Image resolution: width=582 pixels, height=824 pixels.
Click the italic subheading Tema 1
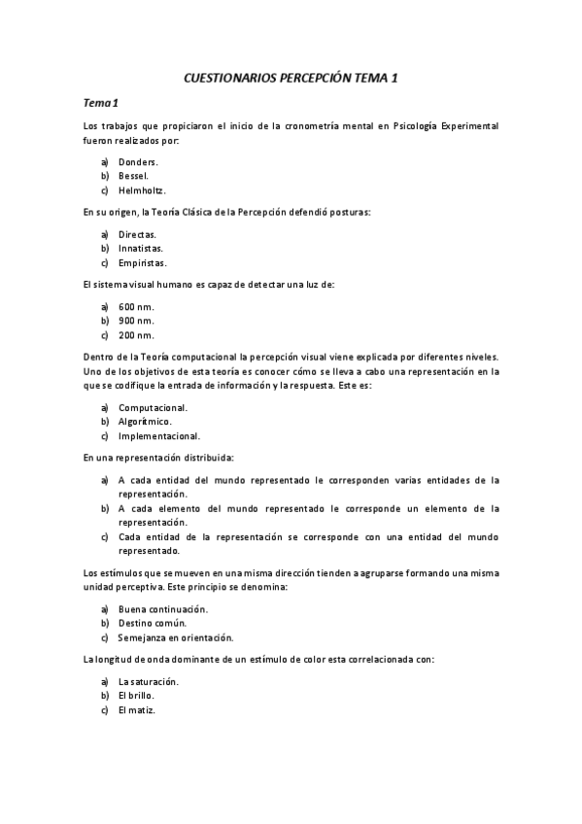click(100, 102)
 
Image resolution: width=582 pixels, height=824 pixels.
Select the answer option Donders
click(138, 161)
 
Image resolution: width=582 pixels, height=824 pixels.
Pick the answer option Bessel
click(133, 176)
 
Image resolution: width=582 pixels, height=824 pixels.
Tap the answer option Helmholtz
click(142, 190)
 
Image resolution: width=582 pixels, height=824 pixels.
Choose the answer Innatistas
click(140, 248)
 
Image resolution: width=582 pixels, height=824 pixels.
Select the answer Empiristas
click(142, 262)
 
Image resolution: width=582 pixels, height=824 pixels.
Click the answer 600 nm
click(136, 306)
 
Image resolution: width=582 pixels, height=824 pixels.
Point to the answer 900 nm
click(136, 321)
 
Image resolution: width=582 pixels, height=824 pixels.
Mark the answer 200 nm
click(136, 335)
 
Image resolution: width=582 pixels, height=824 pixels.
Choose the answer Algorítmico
click(145, 422)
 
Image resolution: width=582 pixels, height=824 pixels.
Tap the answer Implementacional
click(159, 436)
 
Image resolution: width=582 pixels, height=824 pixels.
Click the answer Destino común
click(152, 623)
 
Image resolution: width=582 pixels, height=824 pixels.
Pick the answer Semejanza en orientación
click(176, 637)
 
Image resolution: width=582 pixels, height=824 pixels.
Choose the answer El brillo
click(136, 696)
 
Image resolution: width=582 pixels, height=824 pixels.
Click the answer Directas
click(137, 234)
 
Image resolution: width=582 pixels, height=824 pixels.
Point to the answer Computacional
click(153, 407)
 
